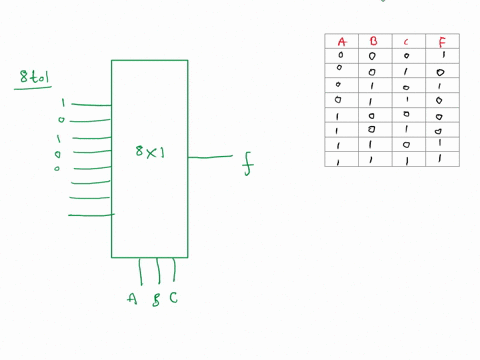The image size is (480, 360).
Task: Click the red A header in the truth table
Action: tap(341, 42)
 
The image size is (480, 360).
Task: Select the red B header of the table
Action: tap(372, 42)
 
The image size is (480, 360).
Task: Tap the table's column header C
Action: tap(406, 42)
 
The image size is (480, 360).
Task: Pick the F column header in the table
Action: tap(441, 42)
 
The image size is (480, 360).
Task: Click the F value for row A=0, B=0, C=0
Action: tap(441, 57)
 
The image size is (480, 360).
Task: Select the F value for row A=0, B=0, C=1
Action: tap(441, 72)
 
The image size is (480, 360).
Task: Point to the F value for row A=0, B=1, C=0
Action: tap(441, 86)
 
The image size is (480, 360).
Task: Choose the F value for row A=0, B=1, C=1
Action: tap(441, 101)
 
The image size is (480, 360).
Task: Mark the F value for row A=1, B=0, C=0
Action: tap(441, 116)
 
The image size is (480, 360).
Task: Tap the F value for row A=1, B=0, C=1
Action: tap(441, 130)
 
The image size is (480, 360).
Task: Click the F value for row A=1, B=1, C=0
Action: tap(441, 144)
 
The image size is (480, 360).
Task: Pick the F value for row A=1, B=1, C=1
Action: tap(441, 159)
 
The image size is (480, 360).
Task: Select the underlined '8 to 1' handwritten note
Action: tap(37, 78)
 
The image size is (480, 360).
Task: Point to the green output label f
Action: tap(248, 165)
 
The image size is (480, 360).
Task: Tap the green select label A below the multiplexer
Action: tap(132, 297)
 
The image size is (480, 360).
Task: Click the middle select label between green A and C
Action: tap(155, 298)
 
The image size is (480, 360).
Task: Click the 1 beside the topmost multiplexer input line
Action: tap(62, 103)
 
